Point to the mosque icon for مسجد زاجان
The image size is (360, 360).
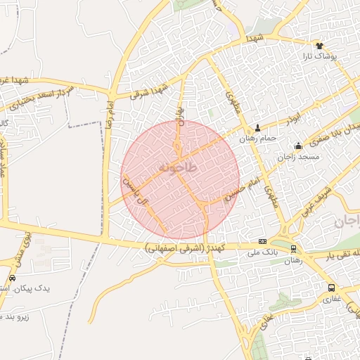(x=299, y=146)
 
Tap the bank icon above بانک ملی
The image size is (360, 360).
(x=262, y=240)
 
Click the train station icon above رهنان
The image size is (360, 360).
(x=293, y=249)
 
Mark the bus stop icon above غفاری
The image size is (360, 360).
(x=331, y=288)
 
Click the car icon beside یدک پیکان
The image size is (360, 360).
(x=12, y=278)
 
